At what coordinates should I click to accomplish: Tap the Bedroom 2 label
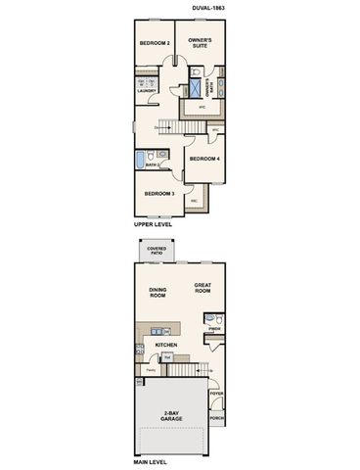[155, 43]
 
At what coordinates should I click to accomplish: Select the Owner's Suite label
[201, 43]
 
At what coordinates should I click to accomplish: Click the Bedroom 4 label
[204, 159]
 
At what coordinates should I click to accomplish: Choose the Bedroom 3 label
[158, 193]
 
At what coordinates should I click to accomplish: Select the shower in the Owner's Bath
[195, 73]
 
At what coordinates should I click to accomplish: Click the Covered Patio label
[156, 252]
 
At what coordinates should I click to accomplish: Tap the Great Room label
[202, 289]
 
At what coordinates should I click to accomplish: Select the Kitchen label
[164, 346]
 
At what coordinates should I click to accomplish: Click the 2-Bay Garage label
[170, 416]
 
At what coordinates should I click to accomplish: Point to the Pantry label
[150, 370]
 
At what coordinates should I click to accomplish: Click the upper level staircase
[166, 124]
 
